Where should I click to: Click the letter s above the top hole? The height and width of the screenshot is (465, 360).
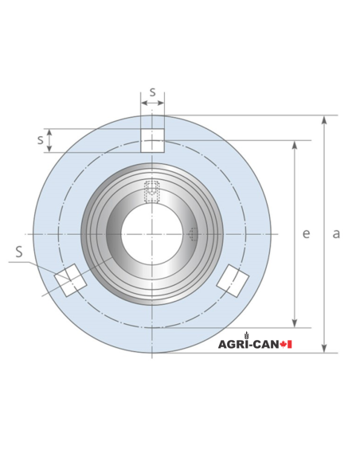click(x=152, y=92)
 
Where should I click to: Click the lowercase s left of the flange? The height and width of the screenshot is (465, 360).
click(x=40, y=139)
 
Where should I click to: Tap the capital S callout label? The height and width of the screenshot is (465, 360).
click(x=19, y=252)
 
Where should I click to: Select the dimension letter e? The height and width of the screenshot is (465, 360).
click(x=306, y=233)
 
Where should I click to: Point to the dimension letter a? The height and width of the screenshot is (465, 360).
click(x=336, y=233)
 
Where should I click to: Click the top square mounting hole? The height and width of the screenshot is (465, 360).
click(x=152, y=140)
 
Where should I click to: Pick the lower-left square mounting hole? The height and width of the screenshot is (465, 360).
click(x=70, y=279)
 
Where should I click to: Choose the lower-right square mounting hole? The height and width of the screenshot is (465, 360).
click(x=233, y=279)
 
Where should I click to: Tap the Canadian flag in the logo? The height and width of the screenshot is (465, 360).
click(x=288, y=344)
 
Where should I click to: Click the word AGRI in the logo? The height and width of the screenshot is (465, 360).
click(x=233, y=344)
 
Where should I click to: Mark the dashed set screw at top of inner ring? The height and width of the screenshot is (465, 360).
click(x=151, y=192)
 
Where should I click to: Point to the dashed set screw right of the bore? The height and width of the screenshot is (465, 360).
click(x=194, y=234)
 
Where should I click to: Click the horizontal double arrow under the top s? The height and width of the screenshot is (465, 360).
click(x=152, y=103)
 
